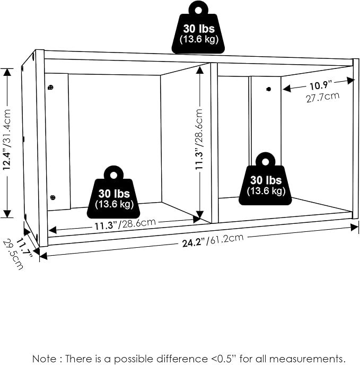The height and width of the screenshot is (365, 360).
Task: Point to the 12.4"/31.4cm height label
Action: (x=7, y=140)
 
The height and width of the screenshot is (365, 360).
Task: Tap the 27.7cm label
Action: (x=323, y=97)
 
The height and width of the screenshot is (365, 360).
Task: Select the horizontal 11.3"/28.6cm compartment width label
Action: (x=125, y=224)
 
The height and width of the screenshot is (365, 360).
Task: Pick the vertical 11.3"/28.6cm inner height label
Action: (x=199, y=139)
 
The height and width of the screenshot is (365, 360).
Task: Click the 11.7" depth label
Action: (x=24, y=247)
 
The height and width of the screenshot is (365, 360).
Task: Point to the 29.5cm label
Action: (x=13, y=254)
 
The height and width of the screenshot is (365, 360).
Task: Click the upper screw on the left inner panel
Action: (x=50, y=88)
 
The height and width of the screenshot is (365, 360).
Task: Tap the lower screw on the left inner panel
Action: (x=53, y=197)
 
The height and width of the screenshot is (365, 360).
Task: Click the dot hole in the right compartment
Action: (x=269, y=89)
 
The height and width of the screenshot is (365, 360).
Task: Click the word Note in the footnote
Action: (x=44, y=359)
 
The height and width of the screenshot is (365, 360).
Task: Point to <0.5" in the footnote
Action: (x=224, y=359)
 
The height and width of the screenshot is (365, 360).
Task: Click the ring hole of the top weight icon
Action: (x=198, y=10)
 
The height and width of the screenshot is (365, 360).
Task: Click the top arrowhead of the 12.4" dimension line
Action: (x=7, y=73)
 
